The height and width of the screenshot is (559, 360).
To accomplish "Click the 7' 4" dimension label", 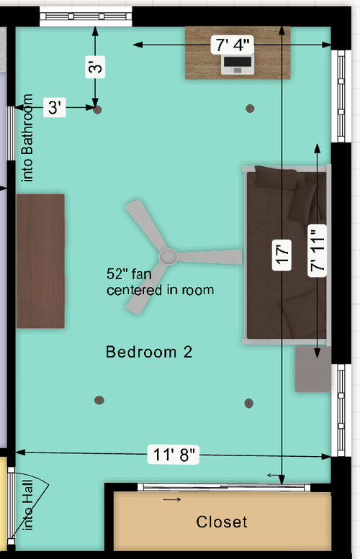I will point(231,45).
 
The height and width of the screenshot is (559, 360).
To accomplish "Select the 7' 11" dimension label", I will point(318,249).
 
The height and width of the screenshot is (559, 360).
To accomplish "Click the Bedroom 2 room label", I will point(148,353).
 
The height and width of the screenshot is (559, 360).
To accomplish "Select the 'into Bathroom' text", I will point(29,138).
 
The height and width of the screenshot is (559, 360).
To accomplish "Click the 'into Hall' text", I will point(29,509).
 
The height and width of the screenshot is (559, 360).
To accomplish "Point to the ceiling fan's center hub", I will point(168,256).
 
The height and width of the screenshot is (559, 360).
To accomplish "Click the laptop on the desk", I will point(238,65).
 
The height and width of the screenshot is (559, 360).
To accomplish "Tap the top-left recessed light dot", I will point(98,109).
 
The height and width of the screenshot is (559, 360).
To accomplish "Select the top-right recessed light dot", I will point(250,109).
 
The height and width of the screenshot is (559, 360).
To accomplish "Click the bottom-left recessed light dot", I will point(98,400).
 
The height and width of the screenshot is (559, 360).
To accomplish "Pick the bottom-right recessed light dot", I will point(249,402).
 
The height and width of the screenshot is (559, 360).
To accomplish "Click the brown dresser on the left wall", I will point(40,260).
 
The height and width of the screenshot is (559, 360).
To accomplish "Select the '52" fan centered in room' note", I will point(160,282).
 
